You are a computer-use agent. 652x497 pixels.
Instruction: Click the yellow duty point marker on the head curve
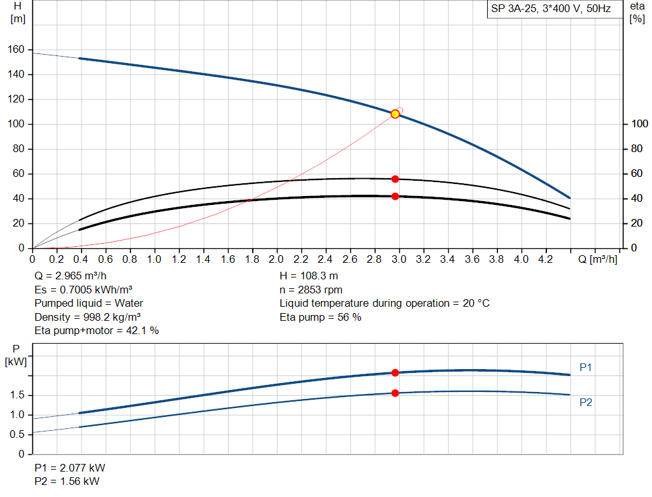[x=395, y=114]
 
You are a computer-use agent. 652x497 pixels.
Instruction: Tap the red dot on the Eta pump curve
[x=395, y=179]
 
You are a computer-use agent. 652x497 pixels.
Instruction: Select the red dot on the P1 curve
[x=395, y=373]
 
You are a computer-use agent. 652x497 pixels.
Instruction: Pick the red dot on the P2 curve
[x=395, y=393]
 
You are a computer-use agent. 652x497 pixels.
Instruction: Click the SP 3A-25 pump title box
[x=551, y=10]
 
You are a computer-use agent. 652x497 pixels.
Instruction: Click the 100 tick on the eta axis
[x=636, y=124]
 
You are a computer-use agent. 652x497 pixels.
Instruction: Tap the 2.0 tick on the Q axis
[x=276, y=260]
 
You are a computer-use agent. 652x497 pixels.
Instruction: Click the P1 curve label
[x=586, y=367]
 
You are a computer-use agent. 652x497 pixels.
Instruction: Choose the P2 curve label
[x=586, y=402]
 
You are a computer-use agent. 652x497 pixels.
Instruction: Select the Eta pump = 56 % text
[x=320, y=317]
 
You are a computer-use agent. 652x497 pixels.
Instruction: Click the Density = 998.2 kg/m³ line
[x=88, y=317]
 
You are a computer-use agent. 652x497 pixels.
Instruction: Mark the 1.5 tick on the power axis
[x=17, y=395]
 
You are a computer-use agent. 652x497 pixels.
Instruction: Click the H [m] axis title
[x=18, y=12]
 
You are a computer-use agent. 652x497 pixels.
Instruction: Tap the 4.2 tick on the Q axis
[x=545, y=260]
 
